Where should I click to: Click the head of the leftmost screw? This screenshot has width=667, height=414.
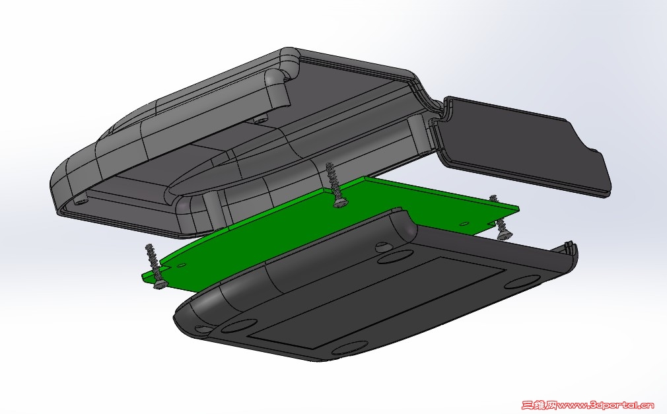click(160, 284)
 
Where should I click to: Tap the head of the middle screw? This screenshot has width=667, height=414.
click(339, 202)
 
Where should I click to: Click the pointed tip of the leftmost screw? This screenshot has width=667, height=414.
click(149, 246)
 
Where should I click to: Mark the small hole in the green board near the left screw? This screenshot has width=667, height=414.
click(182, 265)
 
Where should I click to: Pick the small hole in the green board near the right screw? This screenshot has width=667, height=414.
click(464, 223)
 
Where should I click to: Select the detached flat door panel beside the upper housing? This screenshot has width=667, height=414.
click(523, 145)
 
